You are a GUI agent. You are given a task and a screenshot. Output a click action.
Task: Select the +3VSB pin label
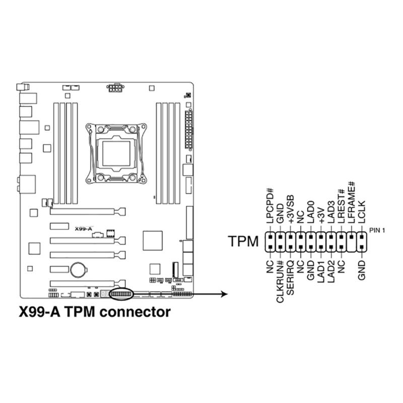(x=291, y=211)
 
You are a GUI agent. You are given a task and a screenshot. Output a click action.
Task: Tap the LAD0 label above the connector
(x=311, y=214)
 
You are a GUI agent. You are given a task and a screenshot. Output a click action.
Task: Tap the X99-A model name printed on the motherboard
(x=83, y=229)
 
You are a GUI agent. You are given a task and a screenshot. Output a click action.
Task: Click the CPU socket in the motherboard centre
(x=116, y=151)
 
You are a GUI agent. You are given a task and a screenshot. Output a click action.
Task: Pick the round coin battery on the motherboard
(x=78, y=270)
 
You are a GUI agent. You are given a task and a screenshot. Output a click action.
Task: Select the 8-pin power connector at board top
(x=115, y=89)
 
